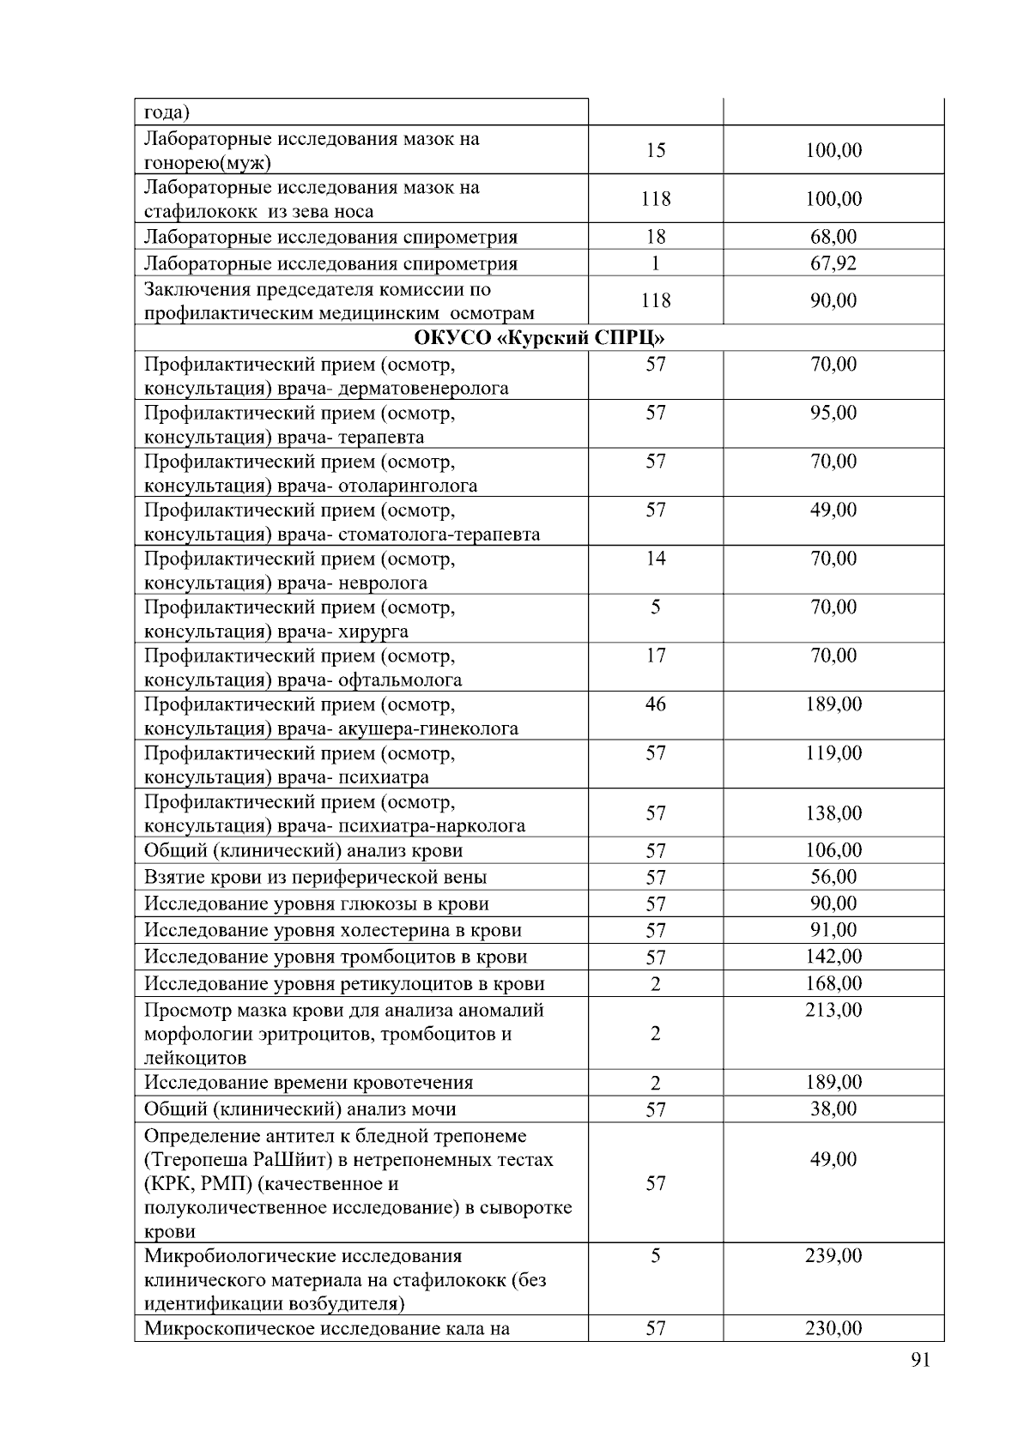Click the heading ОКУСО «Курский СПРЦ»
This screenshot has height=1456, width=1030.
click(539, 337)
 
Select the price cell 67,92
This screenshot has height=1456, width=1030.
click(833, 263)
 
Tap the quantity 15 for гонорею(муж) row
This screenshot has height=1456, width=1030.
click(656, 151)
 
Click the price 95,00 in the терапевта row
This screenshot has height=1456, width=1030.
click(833, 414)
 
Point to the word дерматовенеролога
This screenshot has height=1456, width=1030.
click(424, 389)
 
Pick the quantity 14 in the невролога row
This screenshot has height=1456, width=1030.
click(656, 559)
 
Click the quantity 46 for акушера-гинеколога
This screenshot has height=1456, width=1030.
click(656, 705)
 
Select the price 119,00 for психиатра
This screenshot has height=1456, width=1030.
click(833, 754)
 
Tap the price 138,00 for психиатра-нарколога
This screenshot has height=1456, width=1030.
click(833, 813)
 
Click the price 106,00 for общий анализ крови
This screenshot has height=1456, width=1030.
click(833, 851)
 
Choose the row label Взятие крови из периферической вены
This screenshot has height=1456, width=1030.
click(315, 878)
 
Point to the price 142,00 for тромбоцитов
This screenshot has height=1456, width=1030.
click(833, 958)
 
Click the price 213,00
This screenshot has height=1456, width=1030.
click(833, 1011)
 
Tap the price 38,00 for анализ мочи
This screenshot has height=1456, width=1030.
click(833, 1109)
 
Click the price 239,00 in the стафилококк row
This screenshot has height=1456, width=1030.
click(833, 1257)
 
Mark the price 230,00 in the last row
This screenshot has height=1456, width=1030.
click(833, 1329)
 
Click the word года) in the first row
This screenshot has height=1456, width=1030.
click(167, 112)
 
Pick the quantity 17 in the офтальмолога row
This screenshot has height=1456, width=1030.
click(656, 656)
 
